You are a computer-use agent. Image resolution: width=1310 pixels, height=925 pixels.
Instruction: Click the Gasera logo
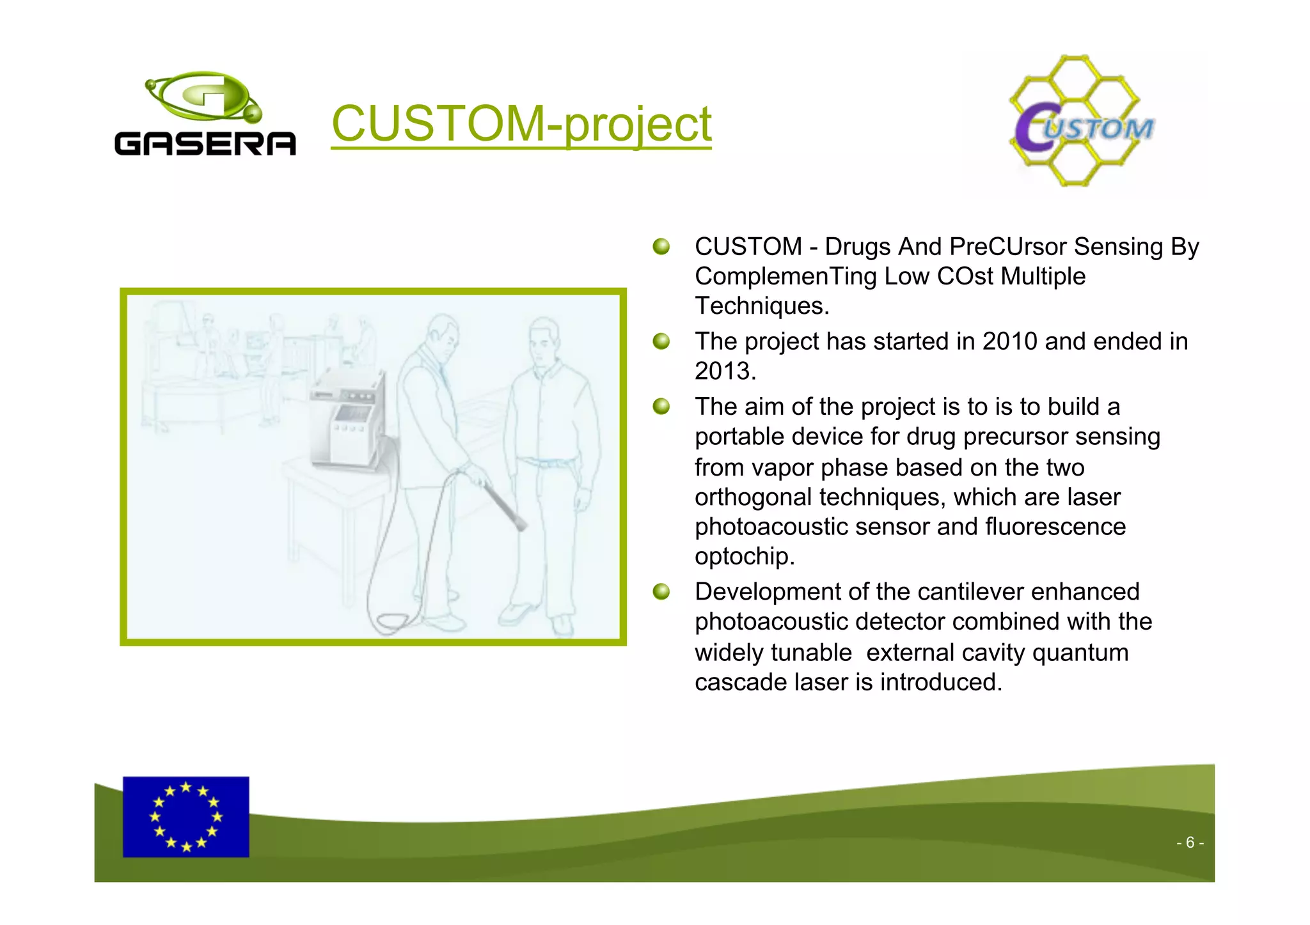coord(205,115)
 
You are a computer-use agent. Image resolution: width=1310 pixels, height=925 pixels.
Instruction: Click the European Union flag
coord(185,816)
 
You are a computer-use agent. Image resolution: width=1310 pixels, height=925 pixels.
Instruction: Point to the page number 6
coord(1190,843)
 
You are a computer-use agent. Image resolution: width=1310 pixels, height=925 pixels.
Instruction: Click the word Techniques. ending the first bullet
coord(762,306)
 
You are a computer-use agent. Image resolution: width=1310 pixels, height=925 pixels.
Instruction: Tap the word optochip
coord(745,556)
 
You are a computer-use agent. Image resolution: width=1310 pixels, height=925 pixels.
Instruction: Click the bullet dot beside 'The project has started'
coord(661,341)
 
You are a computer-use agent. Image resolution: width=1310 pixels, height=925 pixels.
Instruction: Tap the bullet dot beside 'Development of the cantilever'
coord(661,592)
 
